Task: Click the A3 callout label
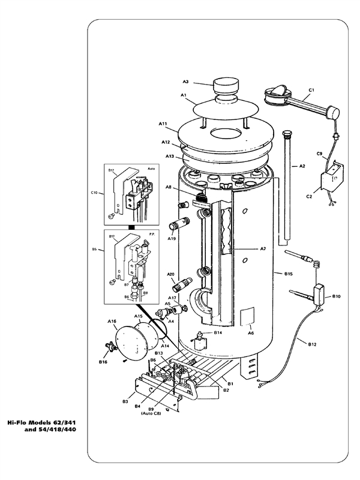[x=185, y=82]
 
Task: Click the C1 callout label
[x=311, y=90]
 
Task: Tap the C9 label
[x=320, y=154]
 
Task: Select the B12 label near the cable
[x=313, y=344]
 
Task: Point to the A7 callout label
[x=263, y=248]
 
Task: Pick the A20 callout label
[x=170, y=274]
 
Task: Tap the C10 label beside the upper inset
[x=94, y=193]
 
